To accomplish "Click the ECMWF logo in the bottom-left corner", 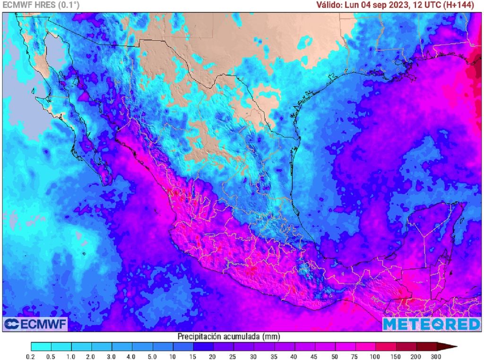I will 35,324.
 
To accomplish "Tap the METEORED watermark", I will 431,324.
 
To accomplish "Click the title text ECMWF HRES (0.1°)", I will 41,5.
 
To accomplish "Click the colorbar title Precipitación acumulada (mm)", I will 228,336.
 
